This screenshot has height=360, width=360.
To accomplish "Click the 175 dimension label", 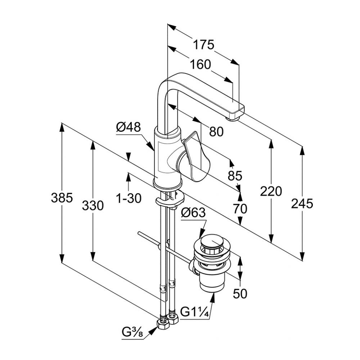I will [x=203, y=45].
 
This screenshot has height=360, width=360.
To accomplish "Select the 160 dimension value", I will [x=201, y=65].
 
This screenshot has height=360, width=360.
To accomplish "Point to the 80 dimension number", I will [x=216, y=132].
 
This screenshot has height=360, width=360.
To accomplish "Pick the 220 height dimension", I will [x=271, y=191].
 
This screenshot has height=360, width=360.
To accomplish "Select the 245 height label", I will [x=302, y=204].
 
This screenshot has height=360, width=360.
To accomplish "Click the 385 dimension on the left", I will [x=62, y=198].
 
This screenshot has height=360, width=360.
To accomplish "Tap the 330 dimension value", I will [x=93, y=206].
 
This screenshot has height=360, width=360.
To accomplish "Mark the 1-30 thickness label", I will [x=129, y=198].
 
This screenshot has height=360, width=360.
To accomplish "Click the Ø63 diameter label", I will [x=193, y=213].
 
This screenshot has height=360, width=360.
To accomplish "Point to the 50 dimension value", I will [x=240, y=293].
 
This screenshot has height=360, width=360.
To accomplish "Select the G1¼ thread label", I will [x=195, y=312].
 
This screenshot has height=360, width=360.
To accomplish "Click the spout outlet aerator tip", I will [x=232, y=118].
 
